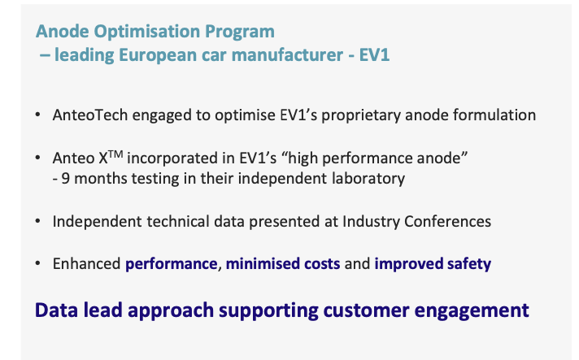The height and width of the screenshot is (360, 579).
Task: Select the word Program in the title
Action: coord(240,32)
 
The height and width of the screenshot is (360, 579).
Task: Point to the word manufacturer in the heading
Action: coord(287,55)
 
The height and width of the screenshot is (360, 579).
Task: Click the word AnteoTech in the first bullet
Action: coord(90,115)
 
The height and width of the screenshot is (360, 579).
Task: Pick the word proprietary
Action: coord(361,116)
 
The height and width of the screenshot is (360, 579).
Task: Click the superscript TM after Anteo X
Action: coord(115,154)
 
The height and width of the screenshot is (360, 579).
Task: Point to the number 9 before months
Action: coord(65,179)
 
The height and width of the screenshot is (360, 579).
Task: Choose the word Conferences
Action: coord(447,222)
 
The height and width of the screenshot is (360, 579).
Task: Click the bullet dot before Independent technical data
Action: coord(37,221)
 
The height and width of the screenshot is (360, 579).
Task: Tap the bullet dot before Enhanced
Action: coord(37,263)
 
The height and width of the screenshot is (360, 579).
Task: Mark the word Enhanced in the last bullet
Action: coord(86,264)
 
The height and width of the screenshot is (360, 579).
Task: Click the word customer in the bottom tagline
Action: coord(366,310)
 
